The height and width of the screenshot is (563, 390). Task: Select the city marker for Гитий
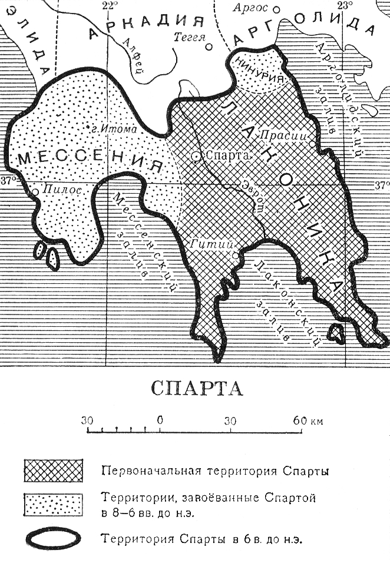(235, 256)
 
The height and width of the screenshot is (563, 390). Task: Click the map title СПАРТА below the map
(196, 389)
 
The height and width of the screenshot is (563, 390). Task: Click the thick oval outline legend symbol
(53, 538)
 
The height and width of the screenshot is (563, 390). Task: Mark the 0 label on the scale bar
(160, 421)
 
